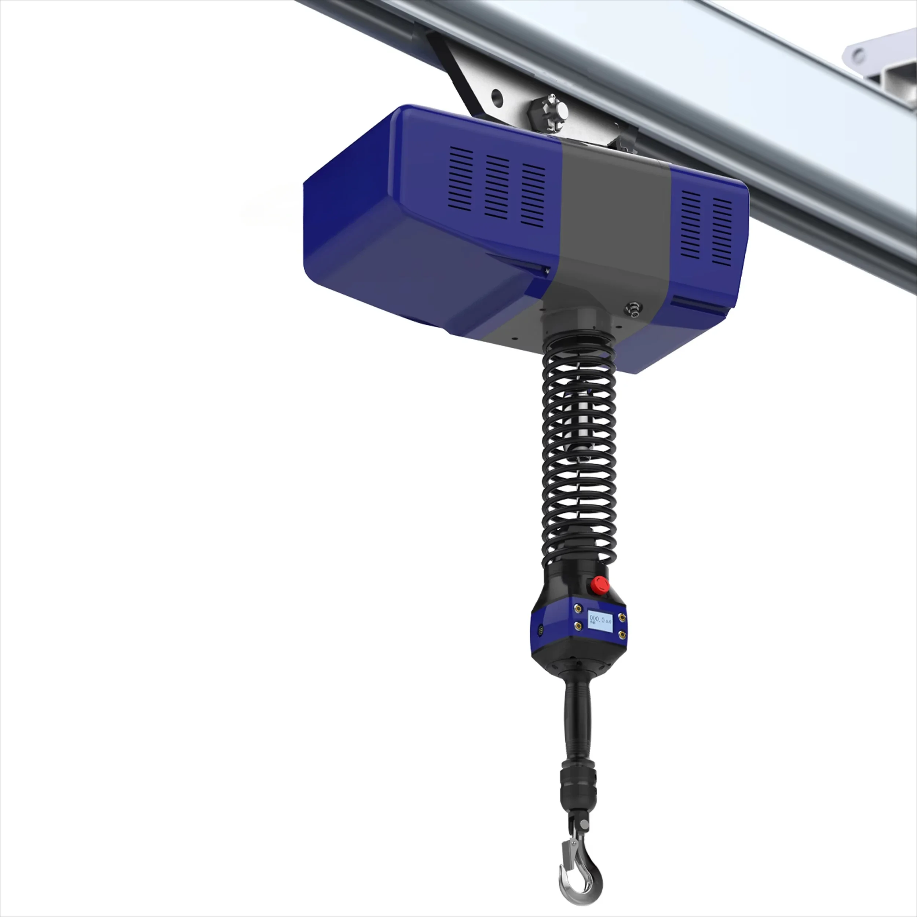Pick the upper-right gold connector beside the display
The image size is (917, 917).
[622, 617]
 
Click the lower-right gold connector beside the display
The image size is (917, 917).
[621, 635]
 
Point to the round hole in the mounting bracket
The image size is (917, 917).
[497, 97]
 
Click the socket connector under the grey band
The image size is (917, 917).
[633, 308]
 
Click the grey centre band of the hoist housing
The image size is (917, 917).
[612, 223]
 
